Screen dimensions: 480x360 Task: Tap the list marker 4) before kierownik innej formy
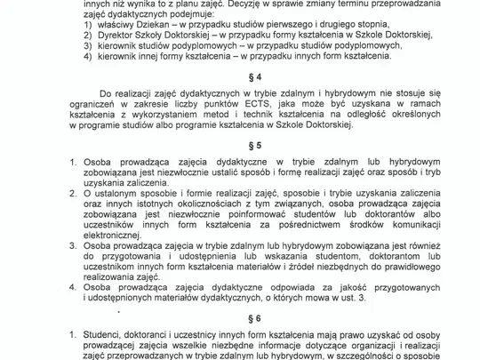tap(86, 56)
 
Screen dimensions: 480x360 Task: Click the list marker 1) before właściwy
tap(86, 29)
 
